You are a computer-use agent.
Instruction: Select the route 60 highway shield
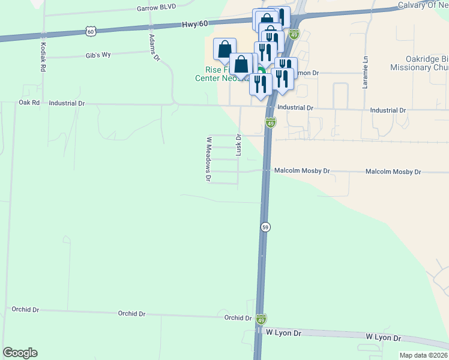click(x=90, y=31)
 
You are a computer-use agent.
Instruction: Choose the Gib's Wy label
click(x=98, y=55)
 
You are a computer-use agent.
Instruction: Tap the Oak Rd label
click(x=29, y=103)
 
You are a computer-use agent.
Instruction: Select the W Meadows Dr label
click(x=209, y=159)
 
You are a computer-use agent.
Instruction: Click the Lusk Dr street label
click(x=238, y=145)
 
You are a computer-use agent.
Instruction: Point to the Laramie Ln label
click(x=365, y=72)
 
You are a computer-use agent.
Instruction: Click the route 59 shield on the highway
click(x=265, y=227)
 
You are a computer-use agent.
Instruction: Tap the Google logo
click(x=20, y=353)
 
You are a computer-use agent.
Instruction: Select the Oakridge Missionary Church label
click(x=419, y=64)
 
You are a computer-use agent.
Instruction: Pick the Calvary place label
click(x=423, y=6)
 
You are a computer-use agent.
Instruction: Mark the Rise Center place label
click(x=216, y=77)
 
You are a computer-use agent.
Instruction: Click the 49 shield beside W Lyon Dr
click(x=261, y=319)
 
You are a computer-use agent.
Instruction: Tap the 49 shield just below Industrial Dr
click(x=271, y=123)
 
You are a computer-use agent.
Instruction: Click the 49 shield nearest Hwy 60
click(x=294, y=34)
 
